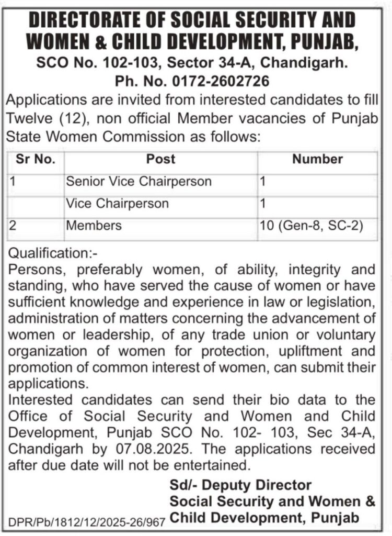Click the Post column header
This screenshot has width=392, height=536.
[x=160, y=159]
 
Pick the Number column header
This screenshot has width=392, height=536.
[x=317, y=159]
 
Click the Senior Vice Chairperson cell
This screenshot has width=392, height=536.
[x=139, y=182]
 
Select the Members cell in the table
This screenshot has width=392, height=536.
[x=94, y=226]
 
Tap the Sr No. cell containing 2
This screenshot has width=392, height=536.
[x=14, y=226]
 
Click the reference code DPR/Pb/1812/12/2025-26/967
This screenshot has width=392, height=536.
[x=87, y=522]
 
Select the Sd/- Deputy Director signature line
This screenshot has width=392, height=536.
[x=240, y=485]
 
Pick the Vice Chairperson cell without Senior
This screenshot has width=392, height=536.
[x=118, y=204]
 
